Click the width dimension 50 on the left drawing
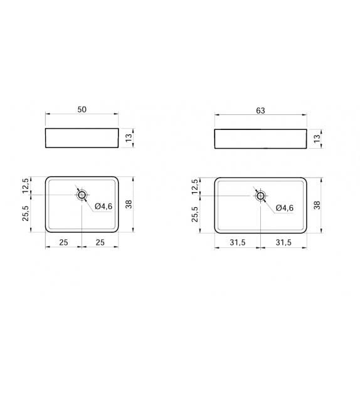click(x=82, y=109)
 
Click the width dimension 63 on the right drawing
click(x=260, y=111)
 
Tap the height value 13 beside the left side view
click(x=129, y=137)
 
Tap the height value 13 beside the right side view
click(x=317, y=138)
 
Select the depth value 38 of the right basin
click(x=317, y=204)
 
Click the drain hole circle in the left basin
click(x=82, y=195)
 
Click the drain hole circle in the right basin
click(x=261, y=196)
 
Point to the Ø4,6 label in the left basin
click(x=103, y=207)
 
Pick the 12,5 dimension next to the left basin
click(x=26, y=186)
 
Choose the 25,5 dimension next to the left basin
click(x=26, y=213)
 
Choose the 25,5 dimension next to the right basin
click(x=195, y=214)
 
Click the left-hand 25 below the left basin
click(x=63, y=242)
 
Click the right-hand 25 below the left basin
click(x=100, y=242)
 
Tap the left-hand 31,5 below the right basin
click(x=238, y=242)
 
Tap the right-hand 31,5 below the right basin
click(x=283, y=242)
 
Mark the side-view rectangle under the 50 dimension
click(x=82, y=137)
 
